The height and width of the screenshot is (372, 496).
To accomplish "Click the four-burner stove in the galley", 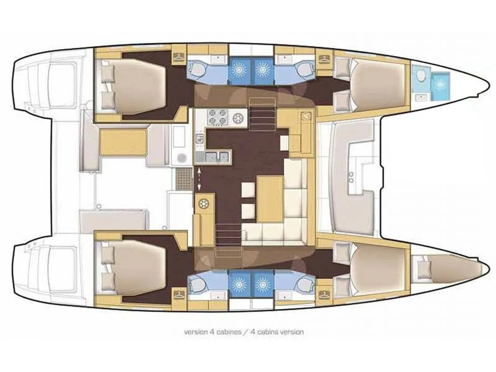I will click(x=218, y=118).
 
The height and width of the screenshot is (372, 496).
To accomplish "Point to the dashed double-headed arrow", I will click(x=199, y=179).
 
